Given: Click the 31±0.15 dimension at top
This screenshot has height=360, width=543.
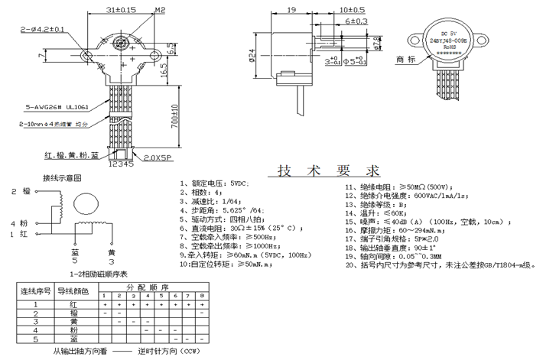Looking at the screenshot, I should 121,9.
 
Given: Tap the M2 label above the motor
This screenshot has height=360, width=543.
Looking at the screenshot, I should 160,9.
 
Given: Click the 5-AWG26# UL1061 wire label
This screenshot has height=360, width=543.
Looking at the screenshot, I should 45,108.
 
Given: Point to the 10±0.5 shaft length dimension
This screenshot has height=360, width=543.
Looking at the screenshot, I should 350,9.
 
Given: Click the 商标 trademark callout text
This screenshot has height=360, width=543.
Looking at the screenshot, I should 405,59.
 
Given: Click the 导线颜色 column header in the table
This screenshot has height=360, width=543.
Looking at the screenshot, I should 73,290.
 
